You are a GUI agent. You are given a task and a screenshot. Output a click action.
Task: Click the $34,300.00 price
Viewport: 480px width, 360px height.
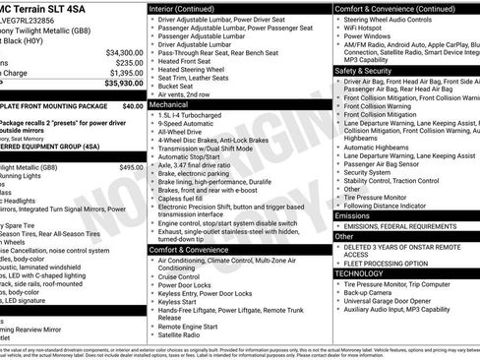coord(124,52)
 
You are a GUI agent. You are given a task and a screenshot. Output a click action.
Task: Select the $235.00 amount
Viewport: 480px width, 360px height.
coord(129,62)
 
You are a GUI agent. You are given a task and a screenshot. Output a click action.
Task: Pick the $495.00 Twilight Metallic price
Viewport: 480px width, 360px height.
coord(131,167)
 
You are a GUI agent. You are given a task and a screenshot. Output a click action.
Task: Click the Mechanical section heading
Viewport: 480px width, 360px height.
coord(168,103)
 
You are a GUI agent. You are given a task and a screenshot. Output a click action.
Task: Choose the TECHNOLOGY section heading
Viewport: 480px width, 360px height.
coord(363,273)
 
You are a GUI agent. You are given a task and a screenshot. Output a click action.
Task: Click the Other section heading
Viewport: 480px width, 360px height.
coord(344,236)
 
